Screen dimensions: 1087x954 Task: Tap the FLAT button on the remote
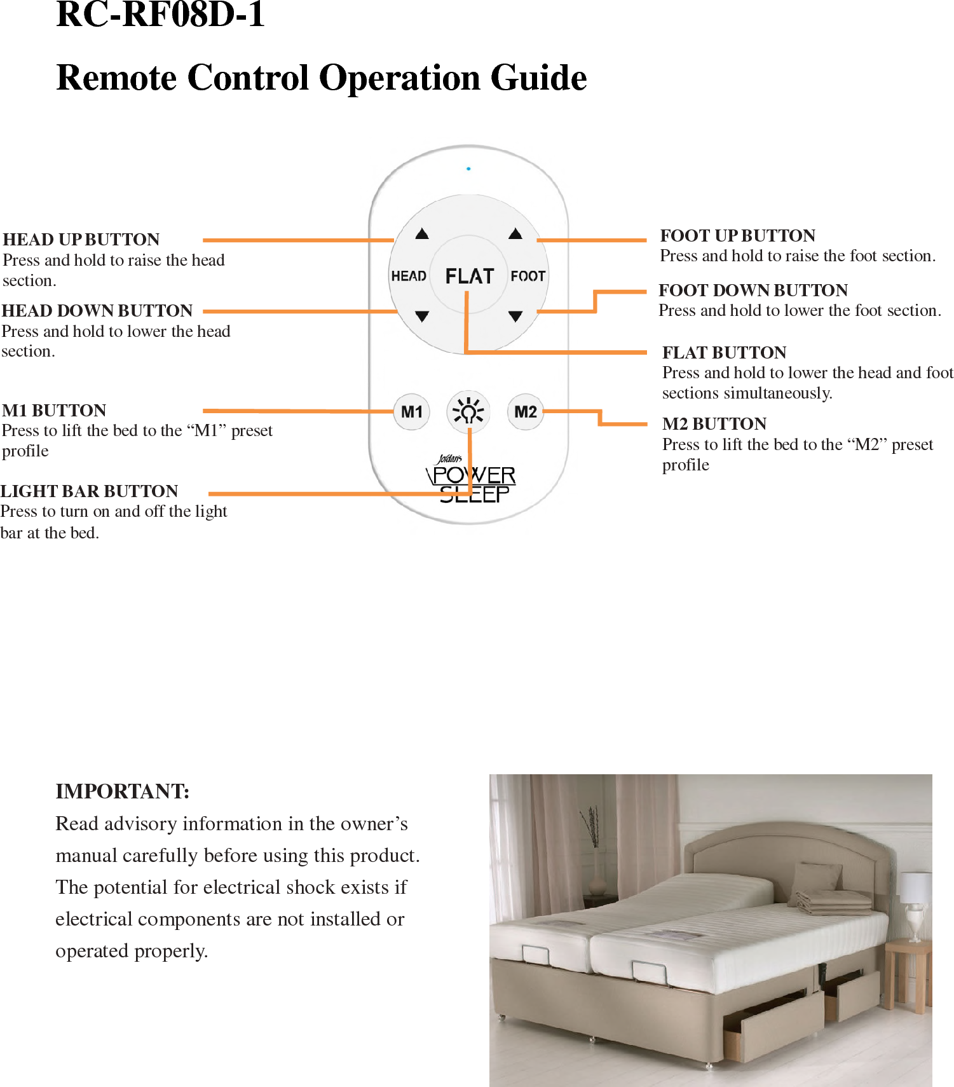[469, 276]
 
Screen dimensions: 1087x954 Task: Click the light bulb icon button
[468, 412]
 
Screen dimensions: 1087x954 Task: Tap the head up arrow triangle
[422, 234]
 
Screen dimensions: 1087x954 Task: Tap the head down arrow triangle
[422, 316]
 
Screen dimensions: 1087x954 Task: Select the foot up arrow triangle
[515, 234]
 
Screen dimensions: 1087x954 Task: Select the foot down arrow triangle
[515, 316]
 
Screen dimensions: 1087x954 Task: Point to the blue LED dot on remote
[468, 168]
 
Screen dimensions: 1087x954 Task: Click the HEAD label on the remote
[409, 276]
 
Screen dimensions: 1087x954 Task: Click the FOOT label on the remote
[528, 276]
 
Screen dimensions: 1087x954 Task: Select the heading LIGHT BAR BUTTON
[90, 491]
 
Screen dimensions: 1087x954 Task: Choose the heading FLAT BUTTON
[724, 352]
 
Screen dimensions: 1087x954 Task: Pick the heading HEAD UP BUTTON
[81, 239]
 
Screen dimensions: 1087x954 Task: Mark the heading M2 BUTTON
[714, 423]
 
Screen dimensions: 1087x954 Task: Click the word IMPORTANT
[122, 791]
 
